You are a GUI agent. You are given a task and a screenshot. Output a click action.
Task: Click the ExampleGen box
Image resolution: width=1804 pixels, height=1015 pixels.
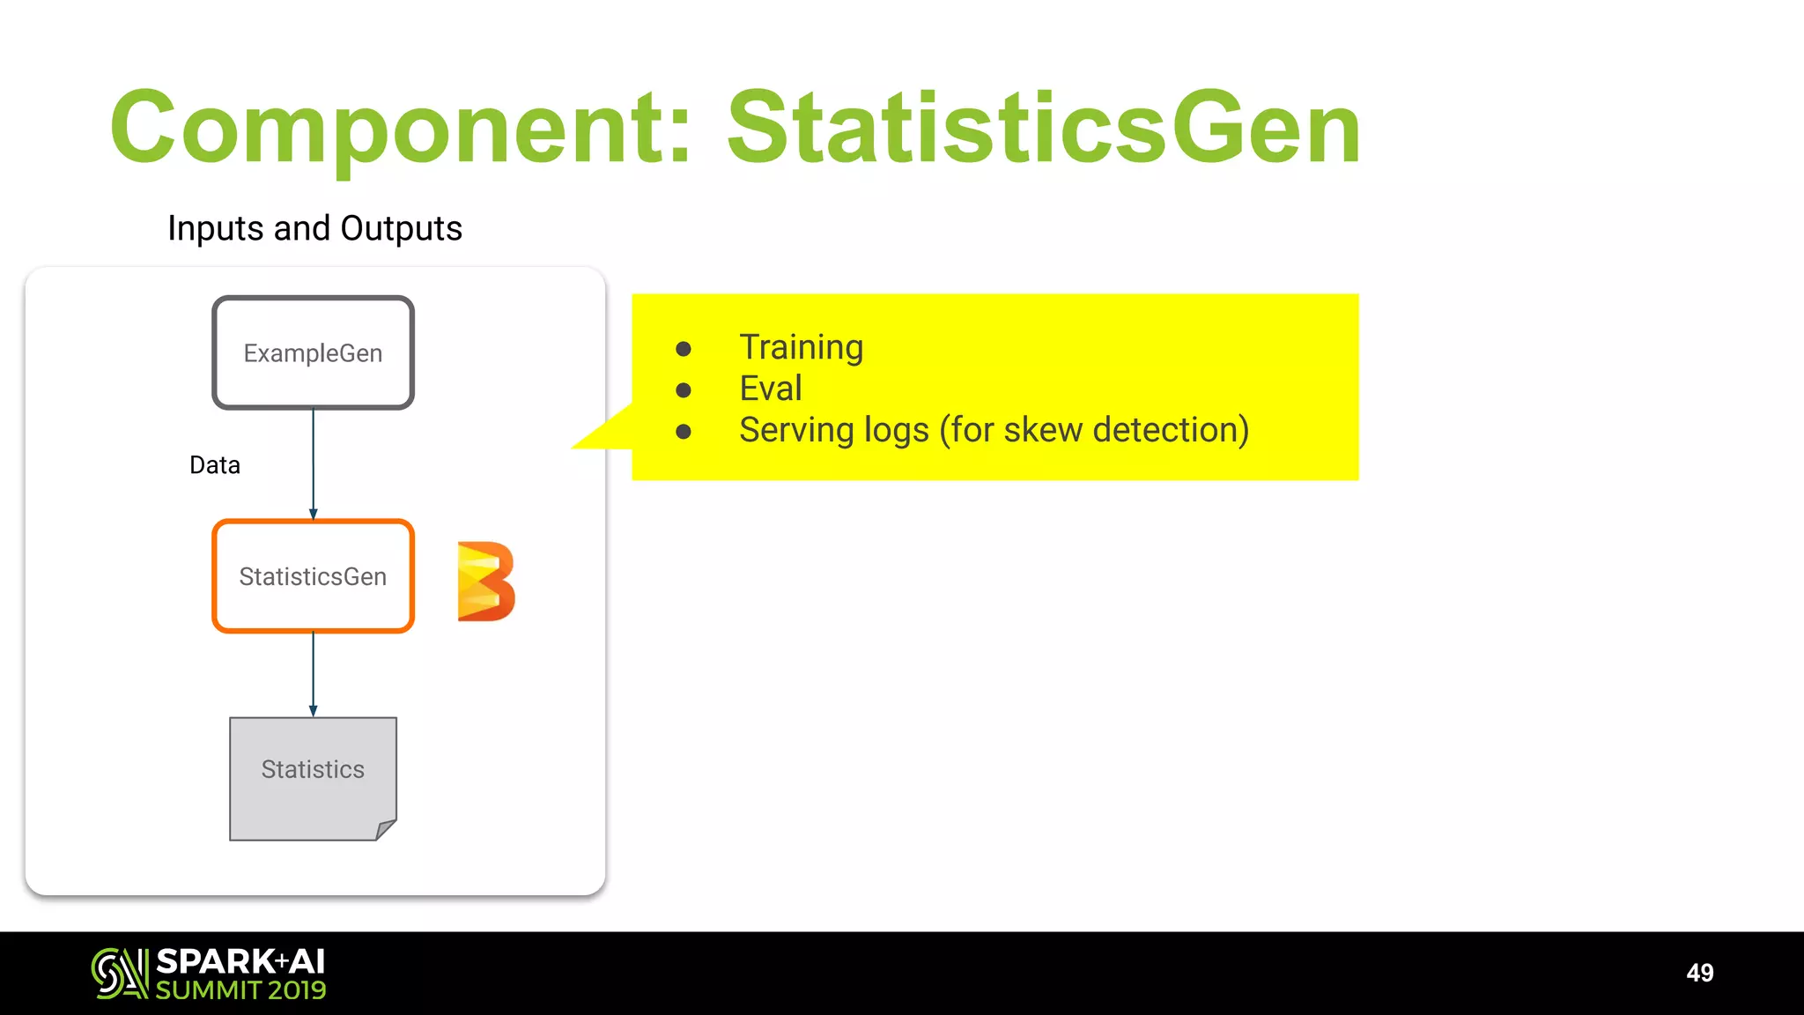click(313, 352)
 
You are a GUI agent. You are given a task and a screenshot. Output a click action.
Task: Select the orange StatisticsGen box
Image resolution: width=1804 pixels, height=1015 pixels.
click(313, 576)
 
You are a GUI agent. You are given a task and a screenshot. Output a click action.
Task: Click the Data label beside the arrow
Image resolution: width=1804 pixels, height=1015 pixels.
click(215, 465)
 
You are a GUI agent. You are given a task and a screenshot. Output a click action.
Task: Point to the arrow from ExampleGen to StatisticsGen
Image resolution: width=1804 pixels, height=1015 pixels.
click(313, 463)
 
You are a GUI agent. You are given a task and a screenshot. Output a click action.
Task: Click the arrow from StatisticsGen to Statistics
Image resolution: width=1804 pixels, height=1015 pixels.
click(313, 674)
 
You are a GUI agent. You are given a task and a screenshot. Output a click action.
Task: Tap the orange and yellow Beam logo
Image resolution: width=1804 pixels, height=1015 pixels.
click(485, 582)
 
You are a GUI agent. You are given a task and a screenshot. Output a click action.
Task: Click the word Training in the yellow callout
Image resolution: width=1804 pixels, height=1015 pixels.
click(801, 347)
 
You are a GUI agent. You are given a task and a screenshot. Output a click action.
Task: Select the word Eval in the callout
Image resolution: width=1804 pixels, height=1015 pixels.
click(771, 389)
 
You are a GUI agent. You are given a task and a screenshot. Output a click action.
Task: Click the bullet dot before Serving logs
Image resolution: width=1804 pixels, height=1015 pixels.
click(684, 432)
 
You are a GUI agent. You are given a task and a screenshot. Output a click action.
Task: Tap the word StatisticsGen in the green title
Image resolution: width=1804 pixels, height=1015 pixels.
click(1044, 128)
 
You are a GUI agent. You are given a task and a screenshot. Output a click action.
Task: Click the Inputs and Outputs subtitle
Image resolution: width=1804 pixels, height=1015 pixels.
click(314, 228)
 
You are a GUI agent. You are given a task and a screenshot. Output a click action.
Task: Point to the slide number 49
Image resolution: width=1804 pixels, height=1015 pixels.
click(1699, 973)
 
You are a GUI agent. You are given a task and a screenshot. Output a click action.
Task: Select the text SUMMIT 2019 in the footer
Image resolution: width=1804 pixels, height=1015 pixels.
click(240, 990)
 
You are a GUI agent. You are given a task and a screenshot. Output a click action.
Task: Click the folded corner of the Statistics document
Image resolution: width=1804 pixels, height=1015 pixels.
click(386, 829)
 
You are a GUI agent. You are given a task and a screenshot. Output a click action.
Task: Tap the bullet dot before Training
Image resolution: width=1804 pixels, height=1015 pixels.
click(684, 349)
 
